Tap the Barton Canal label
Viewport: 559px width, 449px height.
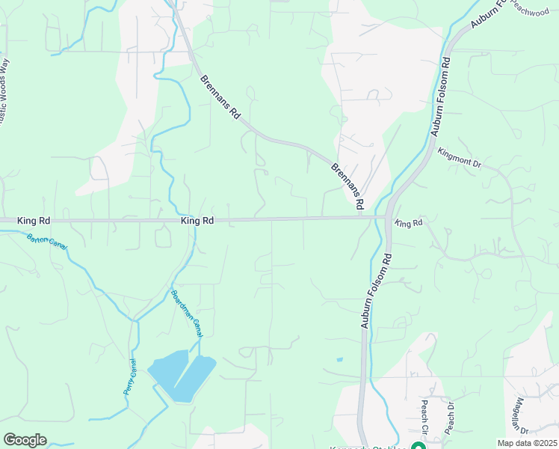(x=46, y=242)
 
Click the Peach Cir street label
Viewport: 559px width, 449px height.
(x=424, y=417)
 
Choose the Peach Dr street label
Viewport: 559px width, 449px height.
(x=451, y=418)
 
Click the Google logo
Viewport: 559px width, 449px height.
(x=25, y=440)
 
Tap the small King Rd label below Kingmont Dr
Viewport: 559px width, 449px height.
(x=409, y=223)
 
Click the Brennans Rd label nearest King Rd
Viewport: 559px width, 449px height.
(x=348, y=186)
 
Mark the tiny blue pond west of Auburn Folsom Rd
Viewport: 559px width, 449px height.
(x=339, y=360)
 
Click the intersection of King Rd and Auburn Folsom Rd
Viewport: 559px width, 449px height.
(x=388, y=218)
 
